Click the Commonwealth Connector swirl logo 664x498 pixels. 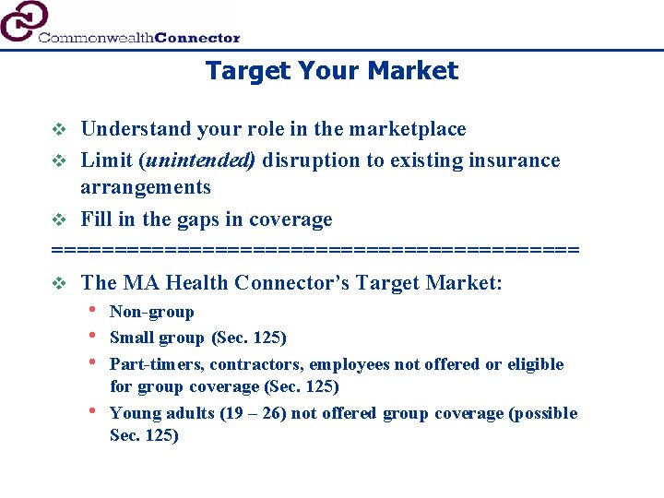(x=24, y=20)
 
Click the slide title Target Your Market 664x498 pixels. (x=331, y=71)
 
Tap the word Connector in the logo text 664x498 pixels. (x=197, y=38)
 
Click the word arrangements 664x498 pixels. (x=145, y=187)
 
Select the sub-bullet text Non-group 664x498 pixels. (x=151, y=313)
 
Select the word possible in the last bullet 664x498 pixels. (x=546, y=413)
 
